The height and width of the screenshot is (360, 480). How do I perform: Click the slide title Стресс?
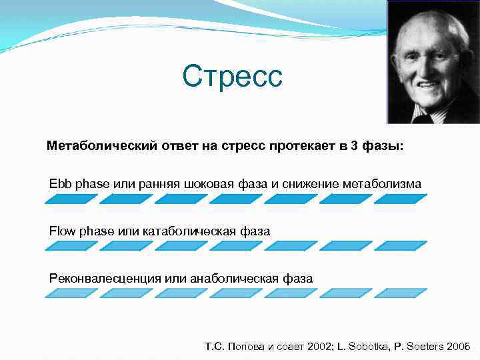coord(233,76)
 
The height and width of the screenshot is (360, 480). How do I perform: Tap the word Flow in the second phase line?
coord(62,231)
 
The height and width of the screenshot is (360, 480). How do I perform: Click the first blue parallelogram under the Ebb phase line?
coord(71,199)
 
